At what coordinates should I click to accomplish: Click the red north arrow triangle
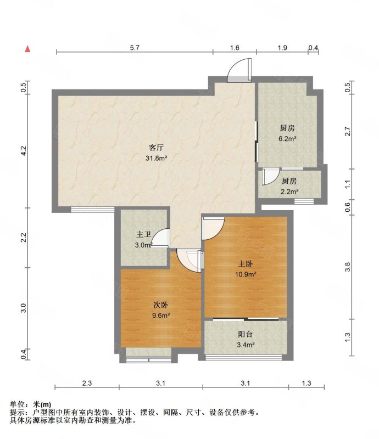[27, 49]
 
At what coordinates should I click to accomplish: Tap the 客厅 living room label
[156, 147]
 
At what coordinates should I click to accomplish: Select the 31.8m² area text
[156, 158]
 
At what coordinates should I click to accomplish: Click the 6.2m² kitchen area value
[287, 138]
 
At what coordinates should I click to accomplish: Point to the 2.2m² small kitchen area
[289, 192]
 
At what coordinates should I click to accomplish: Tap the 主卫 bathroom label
[143, 234]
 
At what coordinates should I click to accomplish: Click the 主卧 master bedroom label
[246, 264]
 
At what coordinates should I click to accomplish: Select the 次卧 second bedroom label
[160, 305]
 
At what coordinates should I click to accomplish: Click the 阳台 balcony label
[246, 334]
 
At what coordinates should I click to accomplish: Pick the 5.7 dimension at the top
[135, 48]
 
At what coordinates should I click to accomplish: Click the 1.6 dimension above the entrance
[235, 48]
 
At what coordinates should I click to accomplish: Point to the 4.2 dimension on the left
[24, 151]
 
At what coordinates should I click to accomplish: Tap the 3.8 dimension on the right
[348, 267]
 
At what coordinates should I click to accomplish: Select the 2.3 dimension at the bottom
[87, 383]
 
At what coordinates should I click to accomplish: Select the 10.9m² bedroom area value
[246, 274]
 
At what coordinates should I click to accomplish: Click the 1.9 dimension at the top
[282, 48]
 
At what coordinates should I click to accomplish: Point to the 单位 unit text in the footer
[17, 404]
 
